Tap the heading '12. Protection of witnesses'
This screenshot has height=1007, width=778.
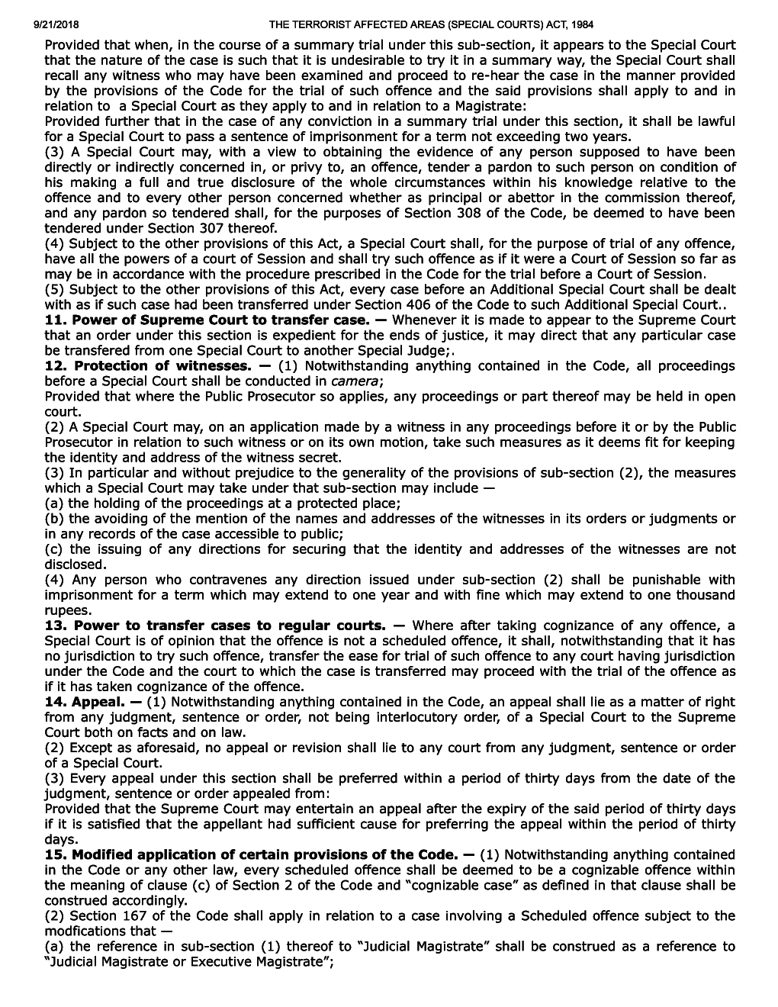pos(146,366)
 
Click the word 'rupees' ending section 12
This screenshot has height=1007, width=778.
pos(66,610)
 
